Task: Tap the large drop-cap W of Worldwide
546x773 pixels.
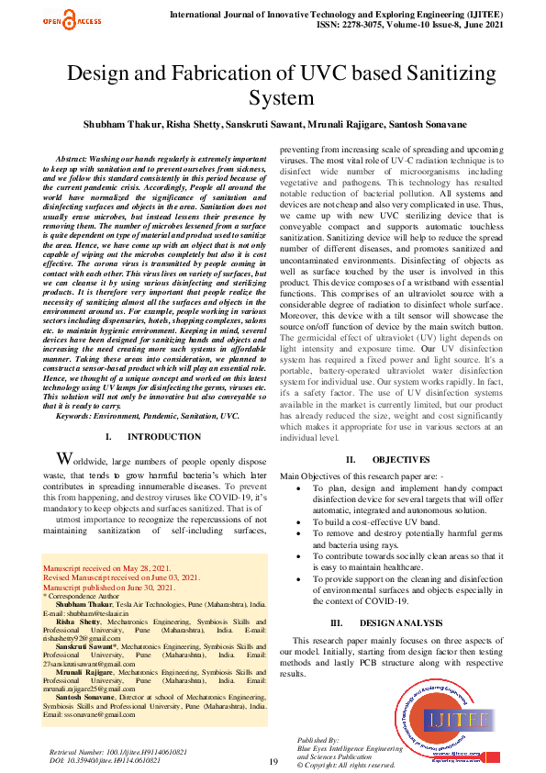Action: (x=64, y=459)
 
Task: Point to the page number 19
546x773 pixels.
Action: (x=273, y=762)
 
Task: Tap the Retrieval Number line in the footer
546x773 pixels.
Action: (x=106, y=752)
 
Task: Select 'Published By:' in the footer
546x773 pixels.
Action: (x=318, y=739)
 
